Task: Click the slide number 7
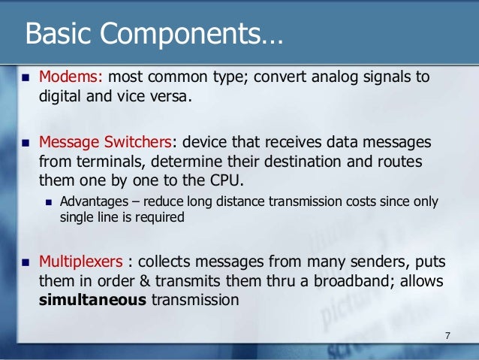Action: [x=447, y=334]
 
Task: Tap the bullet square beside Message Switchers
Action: [x=23, y=143]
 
